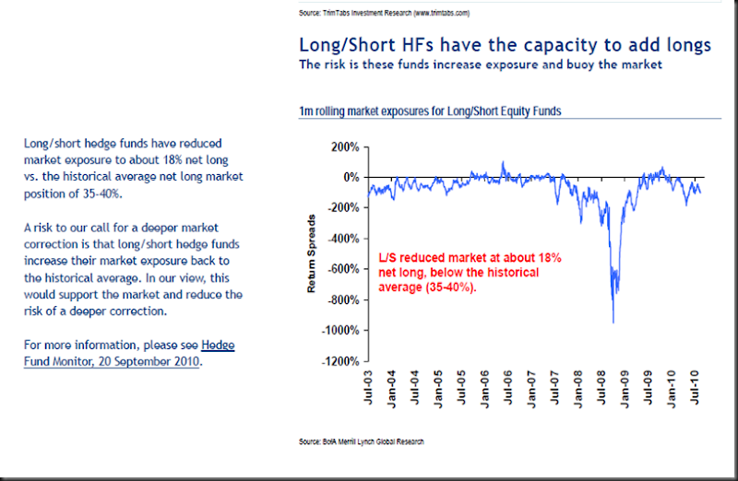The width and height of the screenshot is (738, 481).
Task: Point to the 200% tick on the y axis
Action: click(343, 147)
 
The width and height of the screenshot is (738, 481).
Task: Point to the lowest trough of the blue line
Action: click(613, 322)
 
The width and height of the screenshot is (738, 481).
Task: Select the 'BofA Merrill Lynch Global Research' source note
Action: click(361, 442)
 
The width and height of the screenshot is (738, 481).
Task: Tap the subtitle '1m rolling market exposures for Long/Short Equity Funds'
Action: click(430, 111)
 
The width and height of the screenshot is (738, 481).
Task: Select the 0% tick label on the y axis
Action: click(350, 177)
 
